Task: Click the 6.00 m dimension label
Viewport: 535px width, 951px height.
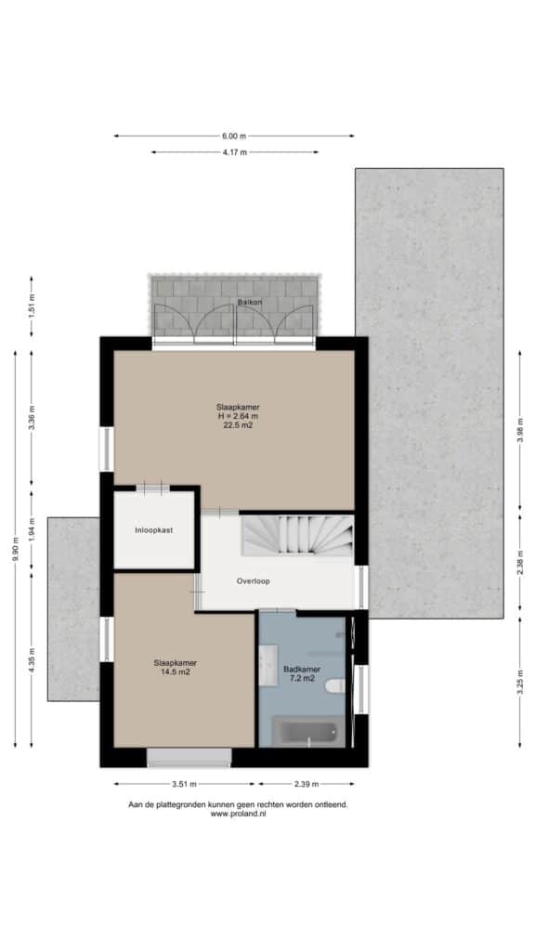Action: pos(234,136)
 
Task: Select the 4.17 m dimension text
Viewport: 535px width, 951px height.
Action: pos(235,152)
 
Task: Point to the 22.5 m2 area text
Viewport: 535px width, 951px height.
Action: pos(238,425)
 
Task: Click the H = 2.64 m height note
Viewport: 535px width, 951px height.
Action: pos(238,416)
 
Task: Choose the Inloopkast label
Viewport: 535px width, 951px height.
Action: pos(153,530)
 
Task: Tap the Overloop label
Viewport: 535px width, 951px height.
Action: pos(253,581)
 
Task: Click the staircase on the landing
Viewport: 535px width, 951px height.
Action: pos(297,535)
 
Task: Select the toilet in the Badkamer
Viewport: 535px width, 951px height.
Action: pos(334,686)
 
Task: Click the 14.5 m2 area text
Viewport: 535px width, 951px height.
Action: pos(176,672)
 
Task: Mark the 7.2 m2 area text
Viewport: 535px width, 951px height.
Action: pos(302,679)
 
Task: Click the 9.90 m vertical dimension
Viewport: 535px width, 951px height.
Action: pos(16,550)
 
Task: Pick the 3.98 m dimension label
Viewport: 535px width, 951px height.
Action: pos(520,430)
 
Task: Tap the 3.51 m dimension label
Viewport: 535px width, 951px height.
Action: pos(185,784)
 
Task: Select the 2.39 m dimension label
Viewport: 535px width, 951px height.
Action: pos(307,784)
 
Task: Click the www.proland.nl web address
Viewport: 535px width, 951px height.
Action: pos(238,814)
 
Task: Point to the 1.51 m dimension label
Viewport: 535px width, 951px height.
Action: pos(33,306)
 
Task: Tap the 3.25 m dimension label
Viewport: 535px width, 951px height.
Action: pos(520,683)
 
